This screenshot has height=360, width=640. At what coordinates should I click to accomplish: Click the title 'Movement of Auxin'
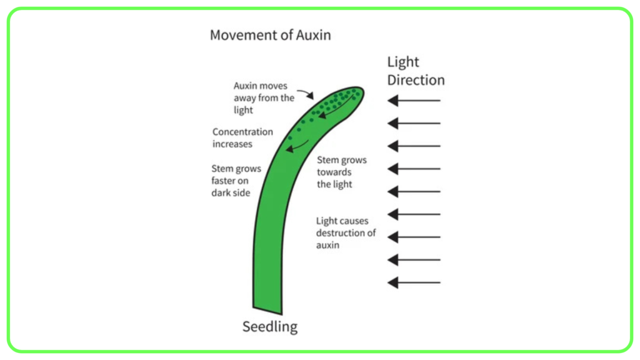point(270,35)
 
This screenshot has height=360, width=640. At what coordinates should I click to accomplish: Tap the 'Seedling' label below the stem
point(270,326)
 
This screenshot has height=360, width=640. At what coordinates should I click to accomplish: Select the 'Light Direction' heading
point(416,71)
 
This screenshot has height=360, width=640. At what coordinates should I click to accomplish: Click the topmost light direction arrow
point(414,101)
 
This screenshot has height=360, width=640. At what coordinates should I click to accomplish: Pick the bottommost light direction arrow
point(414,282)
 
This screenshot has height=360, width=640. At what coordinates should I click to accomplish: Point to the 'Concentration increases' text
point(242,138)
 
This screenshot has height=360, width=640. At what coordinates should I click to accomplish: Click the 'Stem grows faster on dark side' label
point(236,181)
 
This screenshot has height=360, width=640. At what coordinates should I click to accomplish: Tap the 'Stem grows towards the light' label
point(342,172)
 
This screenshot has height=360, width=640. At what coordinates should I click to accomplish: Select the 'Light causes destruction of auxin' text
point(346,232)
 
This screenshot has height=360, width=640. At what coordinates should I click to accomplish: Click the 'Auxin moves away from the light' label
point(264,98)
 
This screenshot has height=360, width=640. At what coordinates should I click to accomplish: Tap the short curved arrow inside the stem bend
point(298,146)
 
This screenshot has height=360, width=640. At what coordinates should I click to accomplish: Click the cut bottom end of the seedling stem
point(267,311)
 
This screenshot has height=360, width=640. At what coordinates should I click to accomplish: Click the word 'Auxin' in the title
point(313,35)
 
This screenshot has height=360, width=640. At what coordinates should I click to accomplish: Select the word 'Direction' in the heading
point(416,80)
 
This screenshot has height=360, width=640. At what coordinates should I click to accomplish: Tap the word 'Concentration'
point(242,132)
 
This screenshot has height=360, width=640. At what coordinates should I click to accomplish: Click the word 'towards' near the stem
point(334,172)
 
